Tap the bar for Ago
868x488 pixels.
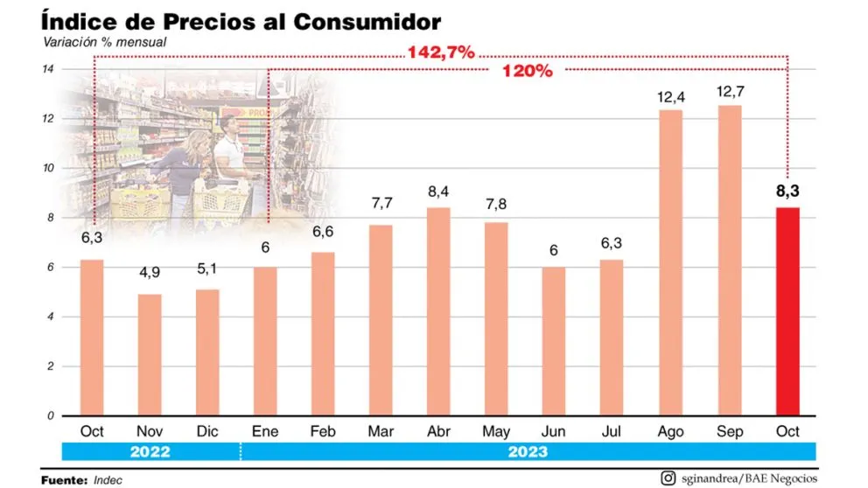point(671,262)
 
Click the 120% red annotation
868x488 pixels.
point(527,72)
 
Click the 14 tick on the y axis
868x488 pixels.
point(50,69)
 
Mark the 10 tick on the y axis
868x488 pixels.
point(50,168)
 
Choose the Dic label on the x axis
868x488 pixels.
point(207,431)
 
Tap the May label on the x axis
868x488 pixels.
point(497,431)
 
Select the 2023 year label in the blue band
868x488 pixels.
point(527,451)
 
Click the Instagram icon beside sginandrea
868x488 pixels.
point(668,478)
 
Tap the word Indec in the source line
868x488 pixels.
point(108,479)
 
